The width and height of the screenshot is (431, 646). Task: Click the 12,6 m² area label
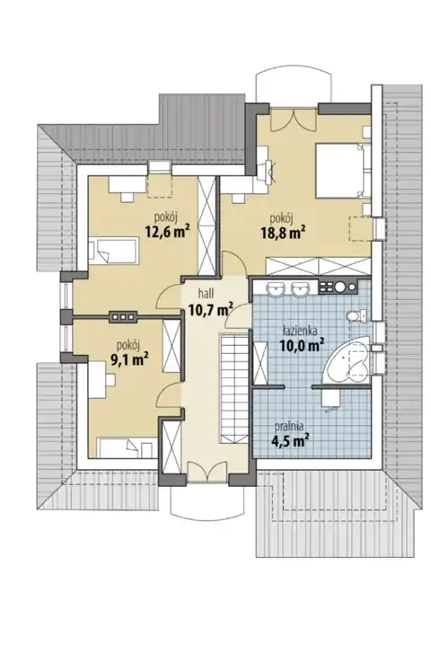[166, 232]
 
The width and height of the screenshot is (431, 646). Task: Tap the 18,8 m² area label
[282, 233]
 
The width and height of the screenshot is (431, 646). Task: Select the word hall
[206, 293]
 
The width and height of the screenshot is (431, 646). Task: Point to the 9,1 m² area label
[129, 359]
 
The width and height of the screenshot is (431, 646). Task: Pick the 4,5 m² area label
[290, 441]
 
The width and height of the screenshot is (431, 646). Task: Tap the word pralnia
[290, 428]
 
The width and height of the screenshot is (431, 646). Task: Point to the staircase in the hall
[233, 388]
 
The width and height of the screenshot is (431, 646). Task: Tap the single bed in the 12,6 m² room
[113, 251]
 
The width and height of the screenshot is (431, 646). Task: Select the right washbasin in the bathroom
[300, 288]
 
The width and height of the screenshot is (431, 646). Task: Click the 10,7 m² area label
[211, 309]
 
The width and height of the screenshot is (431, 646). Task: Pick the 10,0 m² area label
[302, 345]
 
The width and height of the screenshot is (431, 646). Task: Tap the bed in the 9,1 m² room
[124, 447]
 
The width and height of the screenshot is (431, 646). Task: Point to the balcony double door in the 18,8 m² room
[293, 119]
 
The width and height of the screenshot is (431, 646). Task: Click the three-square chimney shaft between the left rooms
[122, 316]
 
